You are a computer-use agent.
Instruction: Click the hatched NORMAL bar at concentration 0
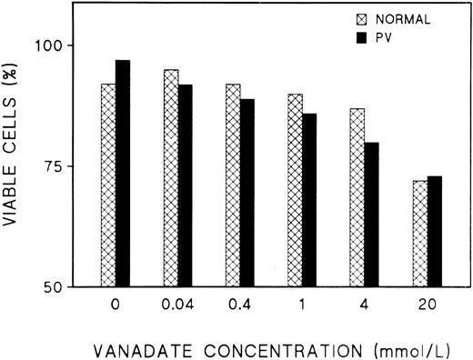(108, 185)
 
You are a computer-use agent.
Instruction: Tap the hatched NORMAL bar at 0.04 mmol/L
(171, 178)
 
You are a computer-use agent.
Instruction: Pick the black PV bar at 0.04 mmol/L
(186, 185)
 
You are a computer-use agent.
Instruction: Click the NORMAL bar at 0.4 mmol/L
(233, 185)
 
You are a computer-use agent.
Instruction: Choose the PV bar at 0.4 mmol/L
(247, 193)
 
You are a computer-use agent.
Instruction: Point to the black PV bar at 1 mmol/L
(310, 200)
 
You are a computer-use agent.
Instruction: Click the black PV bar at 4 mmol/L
(372, 215)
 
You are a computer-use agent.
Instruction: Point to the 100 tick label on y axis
(53, 45)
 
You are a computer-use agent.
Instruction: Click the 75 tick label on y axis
(57, 166)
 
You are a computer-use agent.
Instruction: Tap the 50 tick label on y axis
(57, 287)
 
